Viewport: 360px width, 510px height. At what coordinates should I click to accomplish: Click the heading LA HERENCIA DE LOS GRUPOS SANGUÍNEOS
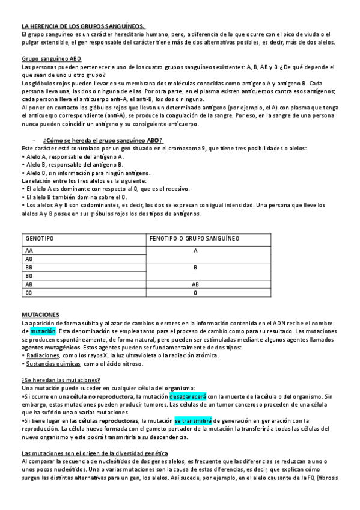tap(83, 26)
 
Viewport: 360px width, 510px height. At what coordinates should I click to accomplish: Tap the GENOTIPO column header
tap(40, 239)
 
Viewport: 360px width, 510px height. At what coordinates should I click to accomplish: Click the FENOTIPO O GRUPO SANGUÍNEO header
tap(194, 239)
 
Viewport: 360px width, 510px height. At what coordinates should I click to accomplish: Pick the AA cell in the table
tap(29, 250)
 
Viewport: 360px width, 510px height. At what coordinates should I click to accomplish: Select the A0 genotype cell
tap(29, 259)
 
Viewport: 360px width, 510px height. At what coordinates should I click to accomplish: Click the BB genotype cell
tap(29, 267)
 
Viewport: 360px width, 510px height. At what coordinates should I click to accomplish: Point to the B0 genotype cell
tap(29, 275)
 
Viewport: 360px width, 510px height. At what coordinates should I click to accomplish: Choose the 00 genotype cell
tap(29, 293)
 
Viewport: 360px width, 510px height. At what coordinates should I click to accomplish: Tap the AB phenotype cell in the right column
tap(195, 284)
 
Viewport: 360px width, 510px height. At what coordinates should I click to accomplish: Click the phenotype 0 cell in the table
tap(195, 293)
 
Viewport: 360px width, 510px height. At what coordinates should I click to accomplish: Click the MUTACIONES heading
tap(40, 315)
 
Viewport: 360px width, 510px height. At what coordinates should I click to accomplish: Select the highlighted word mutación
tap(43, 331)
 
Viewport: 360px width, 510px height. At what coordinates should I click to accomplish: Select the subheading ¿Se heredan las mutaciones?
tap(61, 381)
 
